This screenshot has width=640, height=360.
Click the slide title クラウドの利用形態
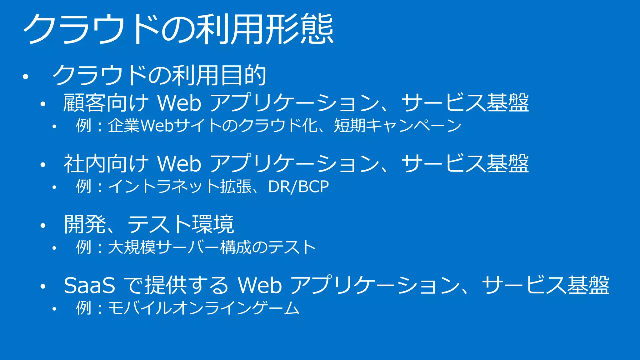point(178,29)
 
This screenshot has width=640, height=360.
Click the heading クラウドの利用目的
point(159,75)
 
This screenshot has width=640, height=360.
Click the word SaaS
point(89,285)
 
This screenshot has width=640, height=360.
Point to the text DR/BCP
point(298,187)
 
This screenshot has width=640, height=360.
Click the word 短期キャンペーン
point(397,126)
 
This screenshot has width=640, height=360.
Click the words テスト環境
point(181,224)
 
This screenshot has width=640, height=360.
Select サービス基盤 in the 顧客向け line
point(465,103)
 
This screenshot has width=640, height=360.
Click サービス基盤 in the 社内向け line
point(465,164)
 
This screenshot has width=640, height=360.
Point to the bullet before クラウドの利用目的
point(26,77)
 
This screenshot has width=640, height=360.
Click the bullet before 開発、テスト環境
point(43,225)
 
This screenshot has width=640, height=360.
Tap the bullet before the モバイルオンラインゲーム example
point(54,309)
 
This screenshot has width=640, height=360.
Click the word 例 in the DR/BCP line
point(83,187)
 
